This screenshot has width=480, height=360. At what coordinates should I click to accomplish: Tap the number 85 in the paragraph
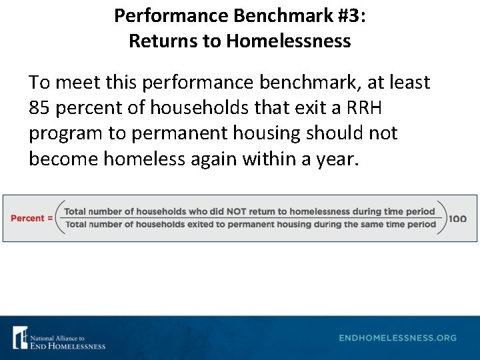[41, 108]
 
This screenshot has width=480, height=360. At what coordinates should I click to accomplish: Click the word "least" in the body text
[407, 83]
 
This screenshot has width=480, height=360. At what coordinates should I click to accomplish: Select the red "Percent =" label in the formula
[32, 218]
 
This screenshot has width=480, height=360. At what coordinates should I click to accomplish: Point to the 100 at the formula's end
[458, 218]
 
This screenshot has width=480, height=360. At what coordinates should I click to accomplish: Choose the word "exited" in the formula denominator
[203, 225]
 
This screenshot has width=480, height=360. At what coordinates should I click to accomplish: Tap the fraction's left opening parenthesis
[59, 218]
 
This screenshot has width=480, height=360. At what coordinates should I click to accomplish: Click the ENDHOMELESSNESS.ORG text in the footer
[397, 338]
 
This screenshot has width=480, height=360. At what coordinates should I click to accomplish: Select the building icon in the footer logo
[21, 337]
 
